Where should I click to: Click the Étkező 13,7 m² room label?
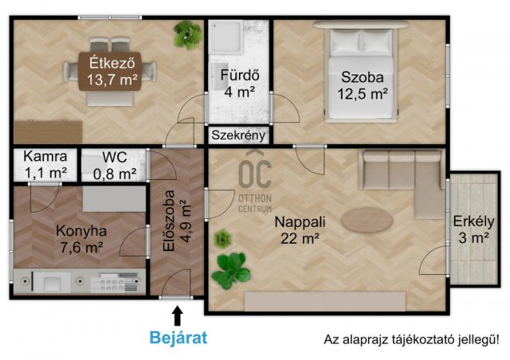point(108,71)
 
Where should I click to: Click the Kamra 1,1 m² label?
point(40,163)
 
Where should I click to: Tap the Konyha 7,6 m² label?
point(80,239)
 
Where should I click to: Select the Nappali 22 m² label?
point(301,229)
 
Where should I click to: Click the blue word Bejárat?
point(178,337)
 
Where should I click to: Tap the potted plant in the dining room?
point(188,34)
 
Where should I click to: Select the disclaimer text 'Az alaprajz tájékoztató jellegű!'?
point(410,339)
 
